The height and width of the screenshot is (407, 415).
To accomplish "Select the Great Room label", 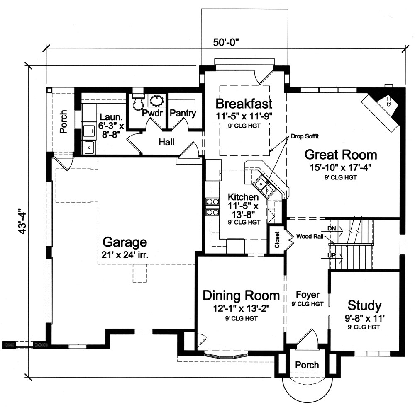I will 341,155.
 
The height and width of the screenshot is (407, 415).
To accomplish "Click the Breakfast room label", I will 244,103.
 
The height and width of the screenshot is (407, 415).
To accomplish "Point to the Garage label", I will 124,242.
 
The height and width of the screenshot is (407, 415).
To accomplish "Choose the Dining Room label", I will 241,296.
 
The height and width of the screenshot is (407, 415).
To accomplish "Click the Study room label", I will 364,306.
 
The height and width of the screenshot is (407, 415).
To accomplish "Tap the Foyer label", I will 308,295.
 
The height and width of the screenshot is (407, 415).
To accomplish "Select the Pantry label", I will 183,113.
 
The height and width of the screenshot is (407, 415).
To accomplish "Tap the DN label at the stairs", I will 332,228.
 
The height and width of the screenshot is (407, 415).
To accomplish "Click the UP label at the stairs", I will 332,255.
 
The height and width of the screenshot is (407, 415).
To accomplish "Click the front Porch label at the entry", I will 307,365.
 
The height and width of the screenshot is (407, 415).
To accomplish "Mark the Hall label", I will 166,142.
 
